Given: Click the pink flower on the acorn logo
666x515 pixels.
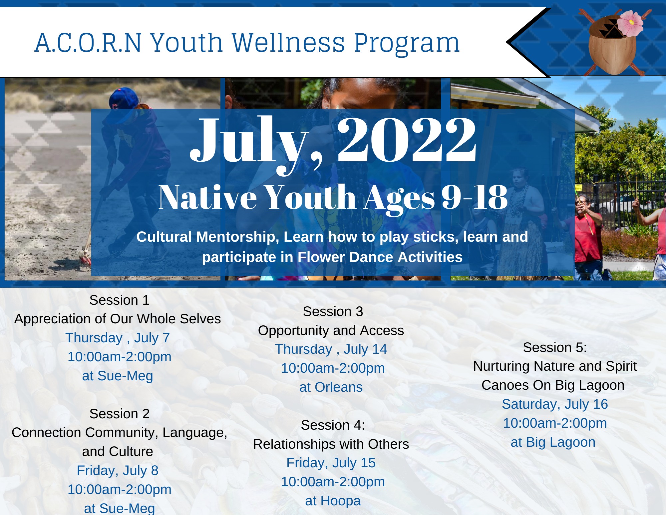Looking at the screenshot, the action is (x=630, y=23).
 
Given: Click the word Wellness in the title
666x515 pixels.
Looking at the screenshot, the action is (x=288, y=43).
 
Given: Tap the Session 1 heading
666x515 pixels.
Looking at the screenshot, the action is (x=119, y=300).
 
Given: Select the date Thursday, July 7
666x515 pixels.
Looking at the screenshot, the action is (x=118, y=338).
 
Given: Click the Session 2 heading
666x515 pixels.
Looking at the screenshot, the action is (x=119, y=414).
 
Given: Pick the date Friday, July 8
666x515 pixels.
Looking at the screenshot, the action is (x=118, y=471).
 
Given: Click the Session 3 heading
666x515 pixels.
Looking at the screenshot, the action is (x=333, y=311).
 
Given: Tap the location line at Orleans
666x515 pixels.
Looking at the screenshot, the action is (x=331, y=387).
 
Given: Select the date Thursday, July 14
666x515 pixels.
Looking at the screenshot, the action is (x=331, y=349).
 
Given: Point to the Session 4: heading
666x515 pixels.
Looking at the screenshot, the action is (x=333, y=425).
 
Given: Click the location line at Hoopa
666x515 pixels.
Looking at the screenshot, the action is (x=333, y=501).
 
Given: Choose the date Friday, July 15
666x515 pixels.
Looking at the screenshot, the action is (x=331, y=463).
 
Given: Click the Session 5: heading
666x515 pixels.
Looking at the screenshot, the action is (x=555, y=347).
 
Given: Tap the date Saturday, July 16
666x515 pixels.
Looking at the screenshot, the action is (x=555, y=404).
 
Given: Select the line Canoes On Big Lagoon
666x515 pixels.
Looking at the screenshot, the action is (x=553, y=385).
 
